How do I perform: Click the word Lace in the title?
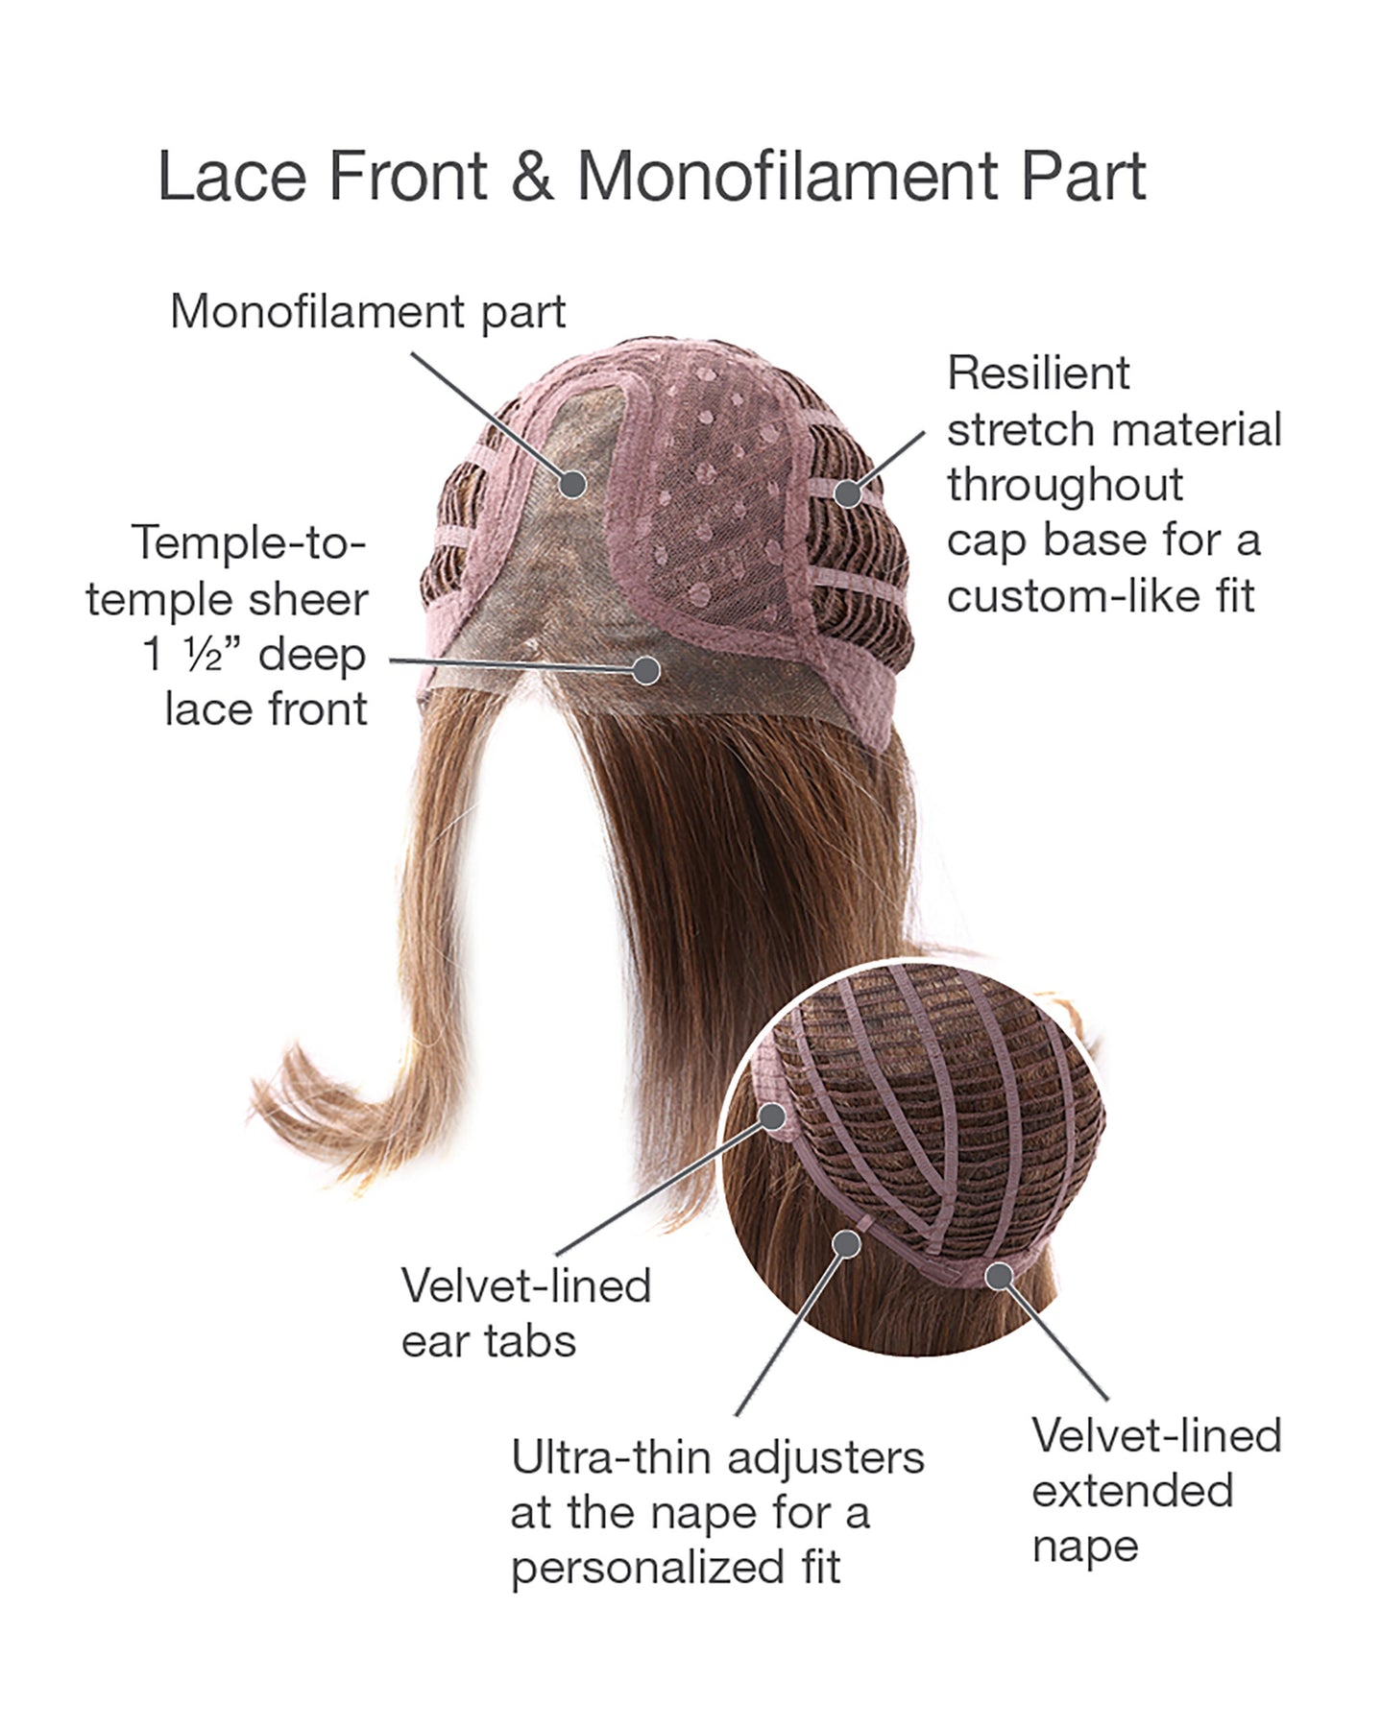227,177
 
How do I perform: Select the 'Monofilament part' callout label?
368,312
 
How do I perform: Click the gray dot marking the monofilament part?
575,485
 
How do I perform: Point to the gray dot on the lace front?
646,669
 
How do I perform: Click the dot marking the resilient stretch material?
847,493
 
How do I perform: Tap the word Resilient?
1038,373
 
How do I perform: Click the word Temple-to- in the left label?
249,543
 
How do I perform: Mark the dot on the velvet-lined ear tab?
772,1116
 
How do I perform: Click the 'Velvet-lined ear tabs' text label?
525,1313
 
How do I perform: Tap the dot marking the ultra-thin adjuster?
846,1244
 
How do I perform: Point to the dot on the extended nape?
999,1276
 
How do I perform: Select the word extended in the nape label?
1132,1492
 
